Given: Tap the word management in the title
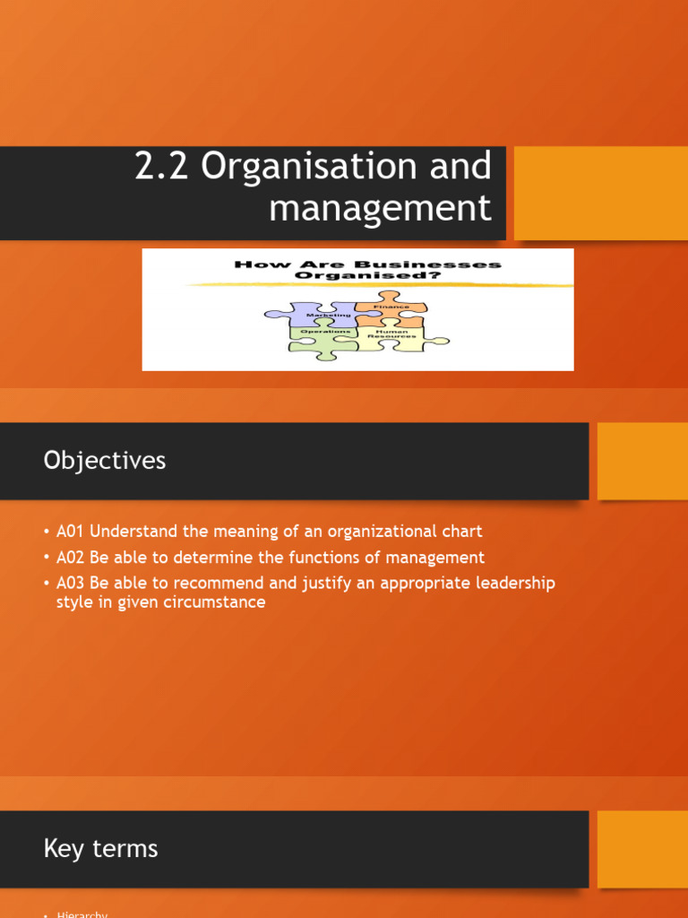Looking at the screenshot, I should click(380, 209).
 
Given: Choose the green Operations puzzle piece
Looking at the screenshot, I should click(322, 338).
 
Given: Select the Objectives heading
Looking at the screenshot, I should click(105, 461).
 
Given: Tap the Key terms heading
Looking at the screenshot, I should click(100, 849).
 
